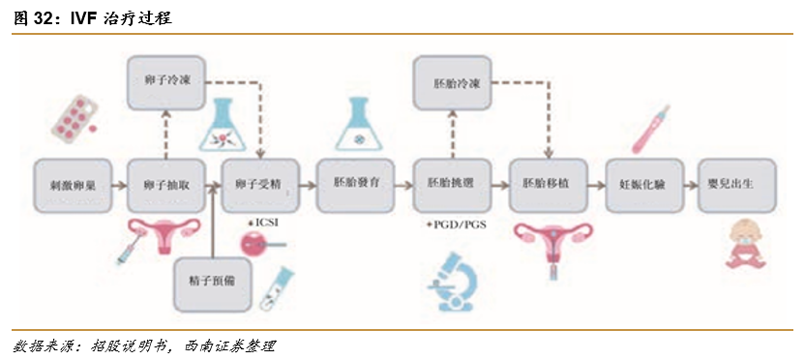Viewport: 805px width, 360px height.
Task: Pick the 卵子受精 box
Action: (259, 183)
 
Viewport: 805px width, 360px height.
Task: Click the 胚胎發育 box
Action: (355, 183)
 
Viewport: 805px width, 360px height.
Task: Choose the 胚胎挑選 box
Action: (451, 183)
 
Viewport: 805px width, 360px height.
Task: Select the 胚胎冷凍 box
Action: (451, 82)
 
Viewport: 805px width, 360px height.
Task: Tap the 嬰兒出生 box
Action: (737, 183)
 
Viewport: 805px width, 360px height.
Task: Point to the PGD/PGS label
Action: (455, 224)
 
